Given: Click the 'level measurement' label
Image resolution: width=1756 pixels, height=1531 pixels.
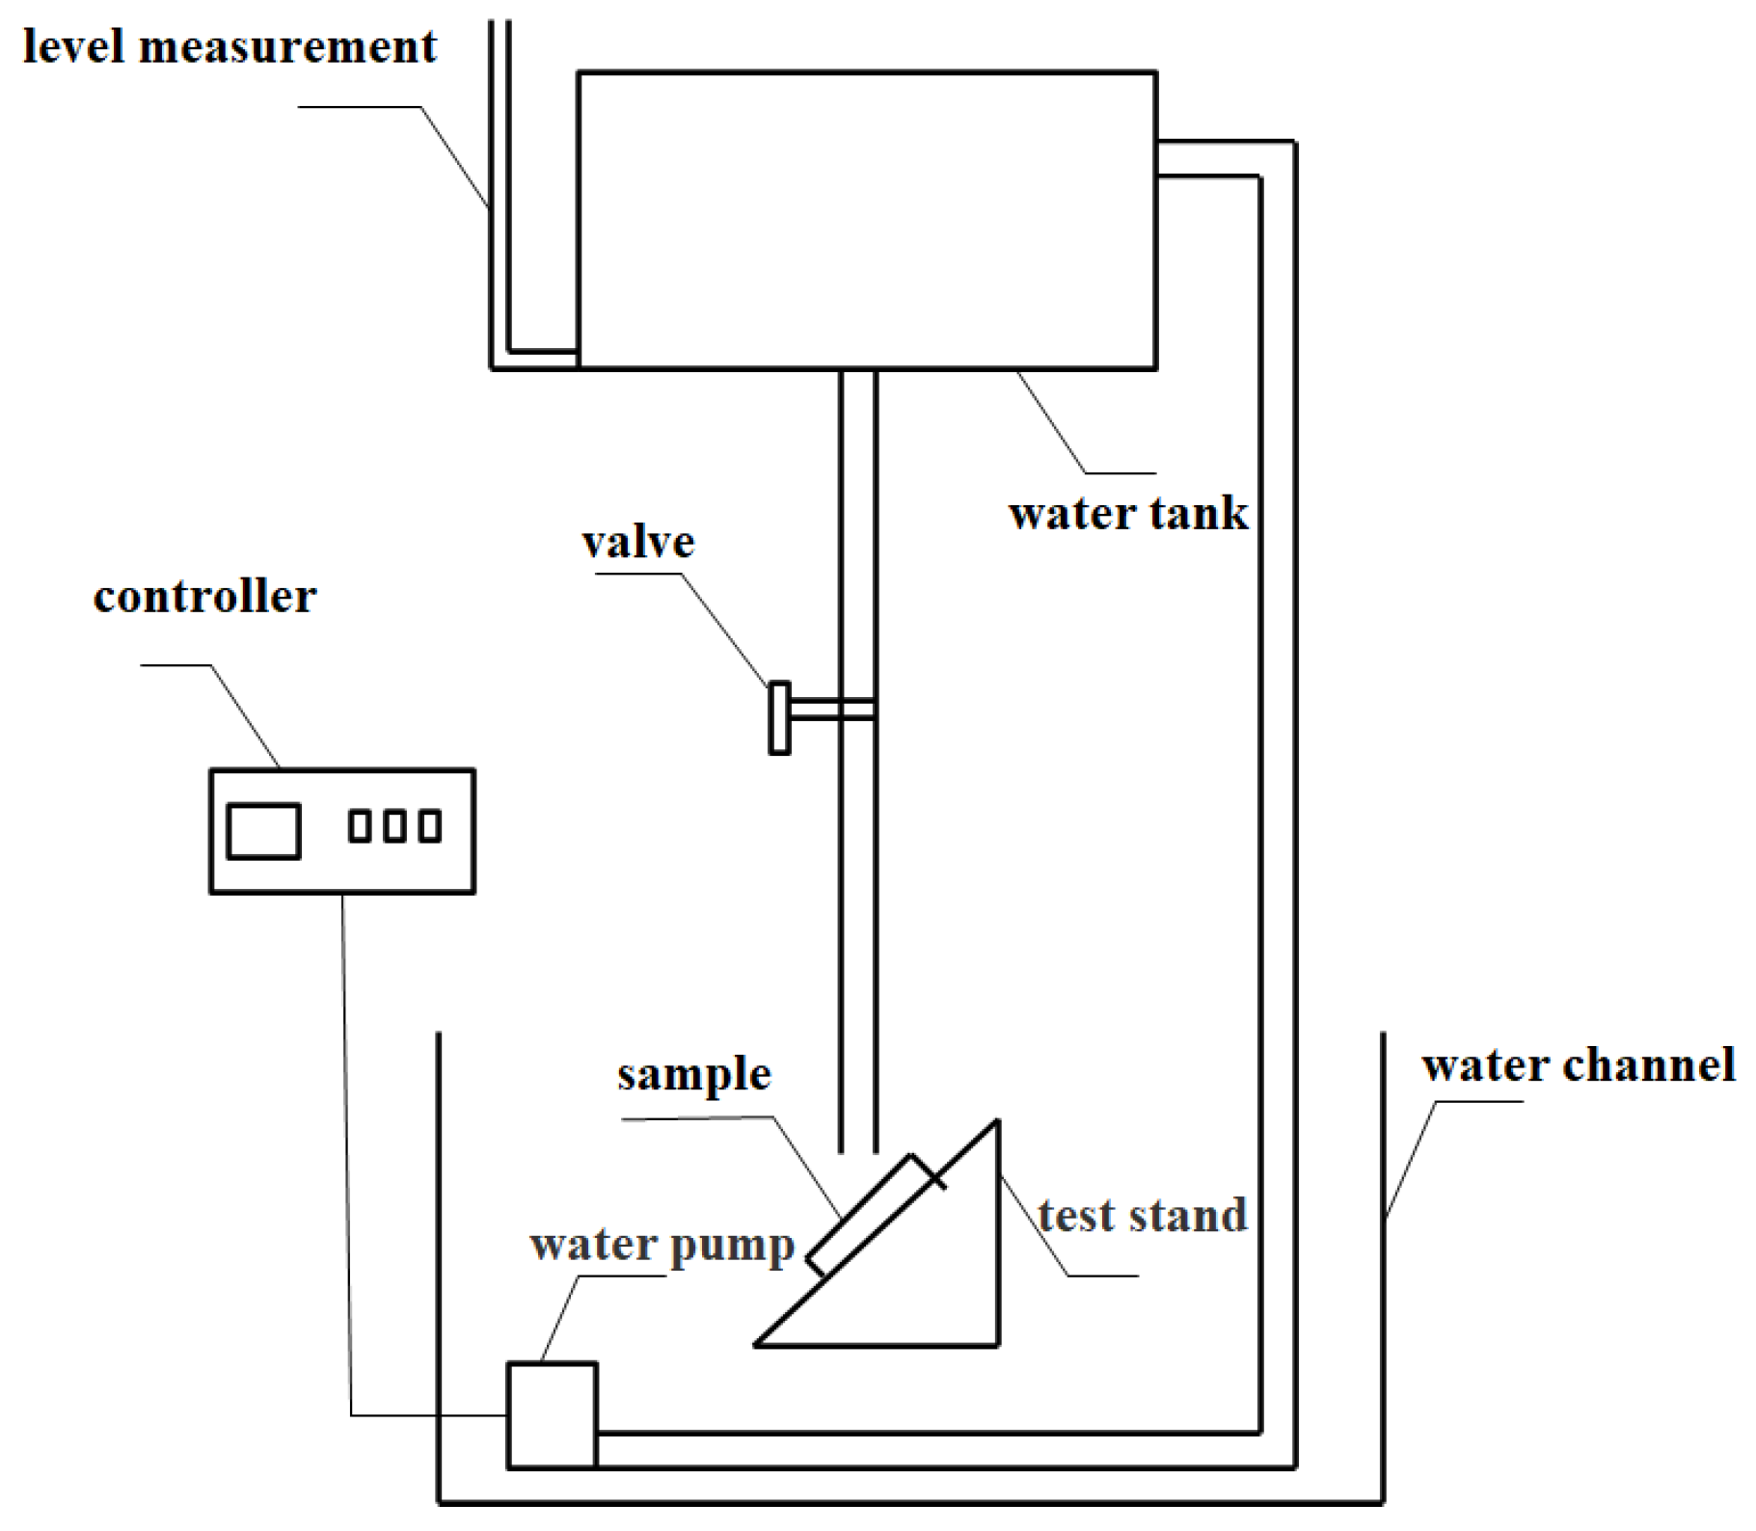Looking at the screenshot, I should [x=230, y=47].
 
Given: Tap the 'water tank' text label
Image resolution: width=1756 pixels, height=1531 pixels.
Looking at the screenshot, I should [x=1127, y=513].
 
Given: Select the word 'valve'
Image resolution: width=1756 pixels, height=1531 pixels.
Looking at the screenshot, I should [x=637, y=543].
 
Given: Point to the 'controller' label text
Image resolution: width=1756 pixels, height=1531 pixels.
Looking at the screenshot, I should [x=204, y=597].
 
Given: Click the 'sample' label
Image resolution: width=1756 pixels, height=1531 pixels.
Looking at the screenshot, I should [x=693, y=1074].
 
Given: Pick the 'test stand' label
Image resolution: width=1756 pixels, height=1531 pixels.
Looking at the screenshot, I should [x=1142, y=1216].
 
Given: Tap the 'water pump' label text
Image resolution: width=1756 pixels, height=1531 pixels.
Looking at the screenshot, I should [x=662, y=1245].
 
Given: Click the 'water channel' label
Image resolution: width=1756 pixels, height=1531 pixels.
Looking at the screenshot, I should [x=1578, y=1066].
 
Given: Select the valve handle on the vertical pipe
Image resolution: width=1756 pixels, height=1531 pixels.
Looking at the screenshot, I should [x=779, y=717].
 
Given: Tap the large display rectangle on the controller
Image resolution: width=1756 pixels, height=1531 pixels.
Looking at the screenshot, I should [x=263, y=830].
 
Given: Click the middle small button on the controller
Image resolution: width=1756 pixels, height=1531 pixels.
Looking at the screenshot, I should [x=394, y=826].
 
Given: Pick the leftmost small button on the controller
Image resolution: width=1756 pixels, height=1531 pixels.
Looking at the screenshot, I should [x=360, y=826].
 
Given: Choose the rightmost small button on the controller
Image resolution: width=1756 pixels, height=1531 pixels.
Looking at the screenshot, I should [x=430, y=826].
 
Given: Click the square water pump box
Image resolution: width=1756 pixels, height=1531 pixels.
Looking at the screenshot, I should [x=552, y=1415].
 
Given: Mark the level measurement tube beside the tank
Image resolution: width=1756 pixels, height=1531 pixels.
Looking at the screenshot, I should [x=500, y=193].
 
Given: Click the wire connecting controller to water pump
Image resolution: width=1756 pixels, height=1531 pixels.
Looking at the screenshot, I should [x=345, y=1157].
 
